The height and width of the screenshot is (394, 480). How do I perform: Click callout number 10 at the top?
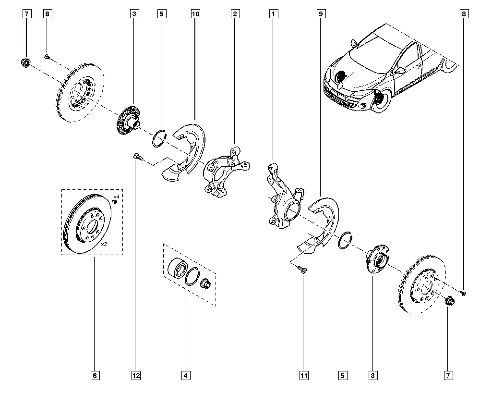pyautogui.click(x=195, y=14)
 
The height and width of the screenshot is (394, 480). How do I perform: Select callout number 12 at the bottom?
pyautogui.click(x=136, y=375)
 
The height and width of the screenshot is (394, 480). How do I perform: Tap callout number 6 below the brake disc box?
pyautogui.click(x=95, y=375)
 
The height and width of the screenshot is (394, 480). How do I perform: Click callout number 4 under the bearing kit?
pyautogui.click(x=185, y=375)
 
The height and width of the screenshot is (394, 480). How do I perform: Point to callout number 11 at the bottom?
pyautogui.click(x=304, y=375)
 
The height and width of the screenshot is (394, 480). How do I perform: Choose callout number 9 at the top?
pyautogui.click(x=321, y=14)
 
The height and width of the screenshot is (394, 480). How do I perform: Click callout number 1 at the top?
pyautogui.click(x=274, y=14)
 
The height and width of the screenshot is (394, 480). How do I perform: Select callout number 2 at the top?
pyautogui.click(x=235, y=14)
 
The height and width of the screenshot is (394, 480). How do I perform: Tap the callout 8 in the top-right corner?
pyautogui.click(x=464, y=14)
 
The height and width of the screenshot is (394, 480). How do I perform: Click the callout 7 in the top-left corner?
pyautogui.click(x=26, y=14)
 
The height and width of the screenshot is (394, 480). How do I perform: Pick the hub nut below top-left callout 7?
pyautogui.click(x=25, y=62)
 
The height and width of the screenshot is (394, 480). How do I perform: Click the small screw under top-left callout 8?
pyautogui.click(x=47, y=57)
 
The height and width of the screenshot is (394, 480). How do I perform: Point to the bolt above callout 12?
pyautogui.click(x=138, y=157)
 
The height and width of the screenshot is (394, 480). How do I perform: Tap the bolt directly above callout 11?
pyautogui.click(x=302, y=269)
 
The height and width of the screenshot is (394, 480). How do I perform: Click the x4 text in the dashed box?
pyautogui.click(x=116, y=197)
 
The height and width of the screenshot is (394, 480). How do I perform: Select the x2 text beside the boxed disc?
pyautogui.click(x=104, y=244)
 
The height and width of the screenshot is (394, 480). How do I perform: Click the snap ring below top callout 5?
pyautogui.click(x=159, y=138)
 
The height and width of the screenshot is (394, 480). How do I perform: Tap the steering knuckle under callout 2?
pyautogui.click(x=226, y=172)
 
